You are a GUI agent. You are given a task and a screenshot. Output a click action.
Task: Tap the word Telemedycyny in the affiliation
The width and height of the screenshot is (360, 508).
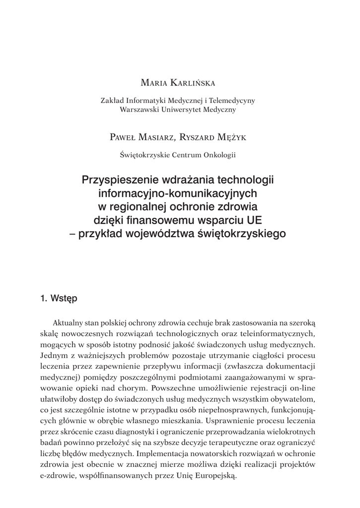[231, 100]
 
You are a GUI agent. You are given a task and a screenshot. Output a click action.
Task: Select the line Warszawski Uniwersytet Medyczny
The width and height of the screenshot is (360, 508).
[177, 110]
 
